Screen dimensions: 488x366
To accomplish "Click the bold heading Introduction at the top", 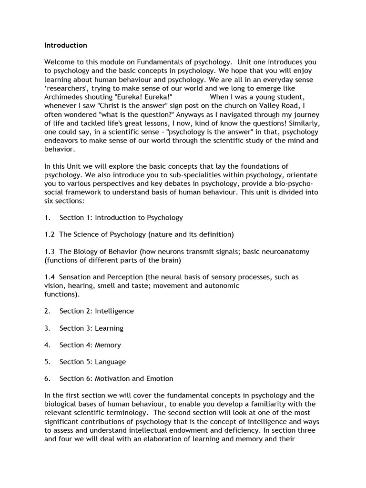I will (x=66, y=45).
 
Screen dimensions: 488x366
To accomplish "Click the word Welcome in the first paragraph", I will (x=61, y=62).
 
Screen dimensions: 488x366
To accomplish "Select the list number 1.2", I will (x=50, y=234).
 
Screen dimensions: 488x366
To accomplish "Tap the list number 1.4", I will (x=50, y=277).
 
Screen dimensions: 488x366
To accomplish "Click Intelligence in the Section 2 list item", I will (x=114, y=311).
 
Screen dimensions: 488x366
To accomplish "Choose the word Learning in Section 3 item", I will (x=109, y=328).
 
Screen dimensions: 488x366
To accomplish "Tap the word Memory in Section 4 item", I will (x=108, y=345).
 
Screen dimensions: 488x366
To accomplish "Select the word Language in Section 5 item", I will (x=111, y=362).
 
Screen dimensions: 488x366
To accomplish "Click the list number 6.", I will (x=47, y=378).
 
